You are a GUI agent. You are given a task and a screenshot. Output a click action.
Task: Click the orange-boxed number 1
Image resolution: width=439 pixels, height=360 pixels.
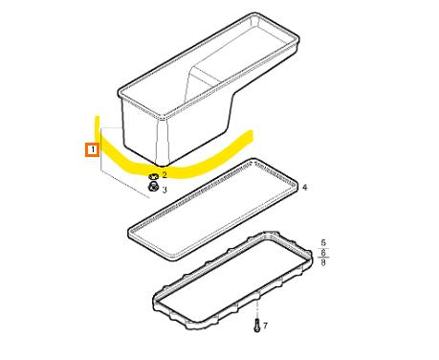coord(93,149)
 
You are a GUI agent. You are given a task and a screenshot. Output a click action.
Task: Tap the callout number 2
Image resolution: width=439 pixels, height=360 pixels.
coord(165,175)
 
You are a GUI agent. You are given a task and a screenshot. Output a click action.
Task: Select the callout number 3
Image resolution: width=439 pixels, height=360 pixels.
coord(165,191)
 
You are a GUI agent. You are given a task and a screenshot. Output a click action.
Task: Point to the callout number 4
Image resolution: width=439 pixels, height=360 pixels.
coord(305,188)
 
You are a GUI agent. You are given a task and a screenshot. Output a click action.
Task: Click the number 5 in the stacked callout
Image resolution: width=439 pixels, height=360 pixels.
coord(323,242)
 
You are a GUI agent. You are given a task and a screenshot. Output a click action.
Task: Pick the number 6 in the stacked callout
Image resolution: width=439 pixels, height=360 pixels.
coord(323,253)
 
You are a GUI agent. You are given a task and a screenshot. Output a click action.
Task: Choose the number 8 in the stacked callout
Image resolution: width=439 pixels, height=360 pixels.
coord(323,262)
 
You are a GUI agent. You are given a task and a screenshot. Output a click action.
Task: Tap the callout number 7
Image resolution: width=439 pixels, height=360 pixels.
coord(265,326)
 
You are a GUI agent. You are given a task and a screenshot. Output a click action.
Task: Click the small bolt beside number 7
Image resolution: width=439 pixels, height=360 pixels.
coord(257,326)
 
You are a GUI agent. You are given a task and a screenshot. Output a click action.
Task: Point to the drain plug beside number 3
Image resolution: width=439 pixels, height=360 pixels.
coord(153,187)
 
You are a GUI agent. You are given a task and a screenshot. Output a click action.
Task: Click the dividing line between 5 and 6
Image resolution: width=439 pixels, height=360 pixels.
coord(323,248)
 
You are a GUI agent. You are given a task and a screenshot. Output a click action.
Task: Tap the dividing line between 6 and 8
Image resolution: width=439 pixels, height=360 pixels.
coord(323,258)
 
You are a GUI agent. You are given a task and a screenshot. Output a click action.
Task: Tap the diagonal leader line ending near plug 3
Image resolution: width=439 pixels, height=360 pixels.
coord(125,184)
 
